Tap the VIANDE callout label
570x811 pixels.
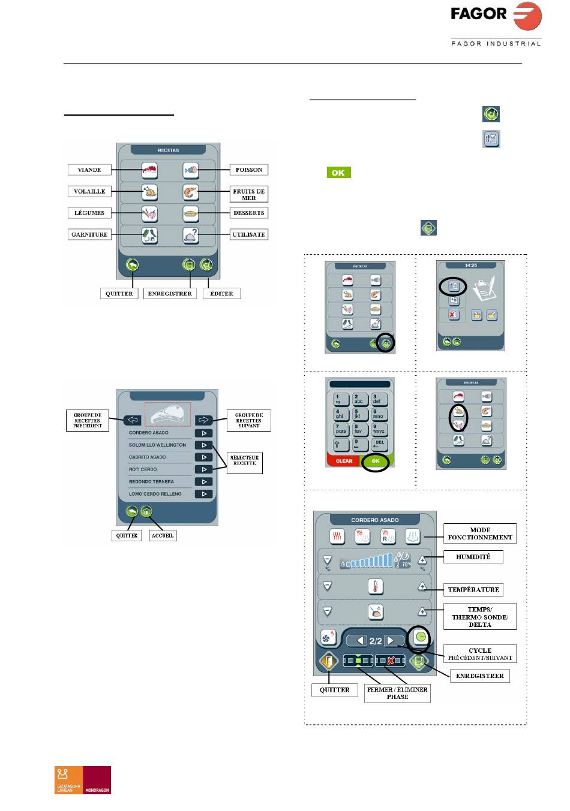(89, 170)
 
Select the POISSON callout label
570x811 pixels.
(248, 170)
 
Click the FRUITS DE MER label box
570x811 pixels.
(248, 194)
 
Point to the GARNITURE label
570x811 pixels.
(89, 235)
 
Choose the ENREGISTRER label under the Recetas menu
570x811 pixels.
(170, 294)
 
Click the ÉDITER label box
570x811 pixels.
(221, 294)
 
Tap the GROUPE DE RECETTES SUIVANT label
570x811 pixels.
(249, 420)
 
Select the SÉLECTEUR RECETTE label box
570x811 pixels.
(244, 460)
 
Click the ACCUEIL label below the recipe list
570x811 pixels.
(163, 535)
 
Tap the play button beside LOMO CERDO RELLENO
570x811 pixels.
(204, 495)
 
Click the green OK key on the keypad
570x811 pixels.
(376, 461)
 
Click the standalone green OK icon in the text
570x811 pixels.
(338, 173)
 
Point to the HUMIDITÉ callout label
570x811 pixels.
(473, 557)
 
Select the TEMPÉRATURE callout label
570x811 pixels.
(473, 590)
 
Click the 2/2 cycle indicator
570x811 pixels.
(376, 641)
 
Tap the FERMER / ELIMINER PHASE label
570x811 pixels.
(397, 694)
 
